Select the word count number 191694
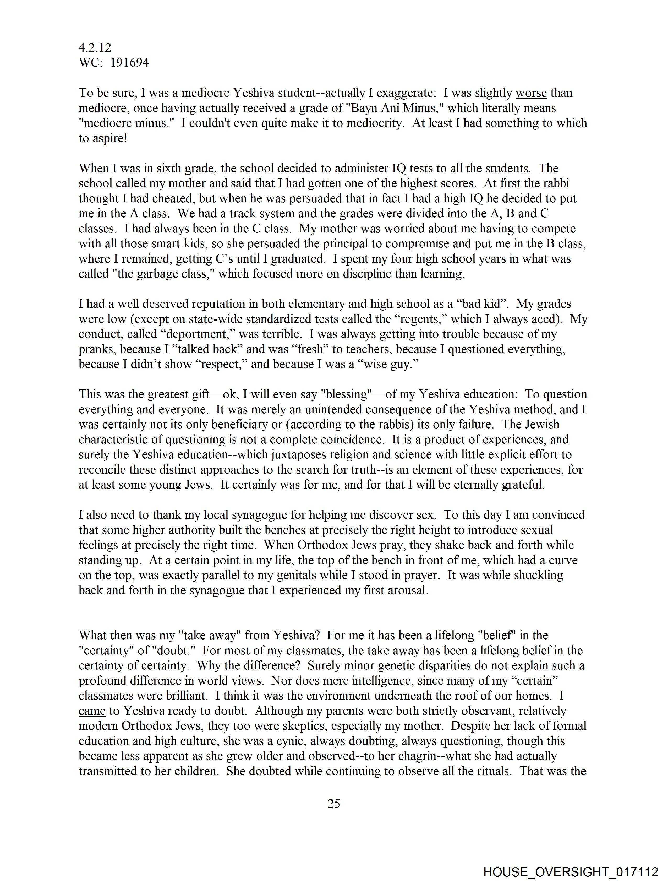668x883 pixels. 129,63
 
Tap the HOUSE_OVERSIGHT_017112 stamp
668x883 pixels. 571,872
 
